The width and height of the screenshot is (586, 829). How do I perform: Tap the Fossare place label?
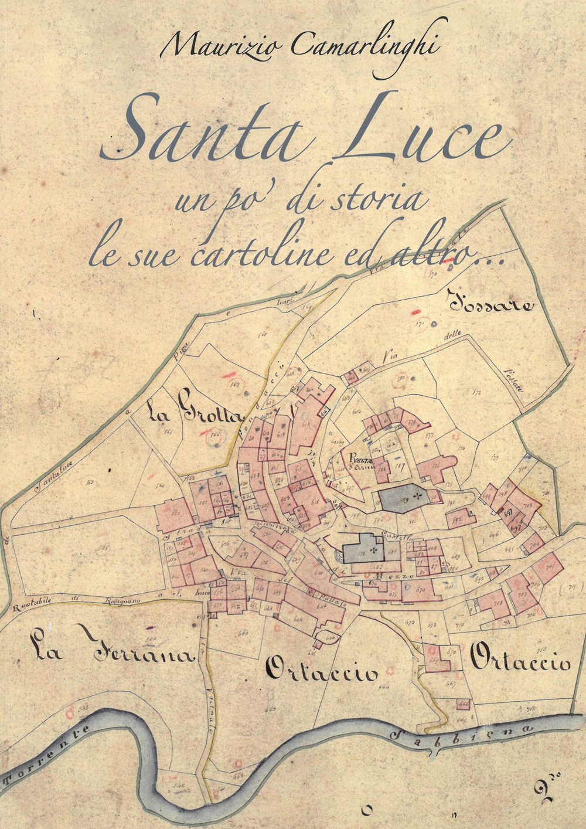tap(491, 304)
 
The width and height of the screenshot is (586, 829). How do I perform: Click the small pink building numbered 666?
tap(464, 703)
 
